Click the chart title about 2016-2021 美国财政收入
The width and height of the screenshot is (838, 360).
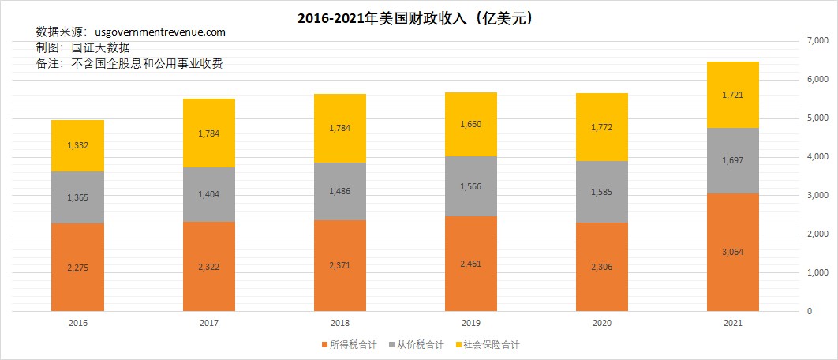pos(418,17)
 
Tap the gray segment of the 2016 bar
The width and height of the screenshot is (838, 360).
pos(77,197)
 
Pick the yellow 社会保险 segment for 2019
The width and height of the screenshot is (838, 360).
pos(470,124)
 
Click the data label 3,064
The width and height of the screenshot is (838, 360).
pos(732,252)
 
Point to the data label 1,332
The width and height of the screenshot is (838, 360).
pos(77,145)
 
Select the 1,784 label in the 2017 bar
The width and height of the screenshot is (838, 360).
pos(208,133)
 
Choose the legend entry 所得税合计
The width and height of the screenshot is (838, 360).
pos(346,344)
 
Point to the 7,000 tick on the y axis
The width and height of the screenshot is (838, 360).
pos(816,41)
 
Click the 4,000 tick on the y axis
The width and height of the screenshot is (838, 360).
pos(816,157)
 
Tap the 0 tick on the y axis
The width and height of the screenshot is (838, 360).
pos(807,311)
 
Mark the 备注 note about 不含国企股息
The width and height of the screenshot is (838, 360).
pos(130,64)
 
